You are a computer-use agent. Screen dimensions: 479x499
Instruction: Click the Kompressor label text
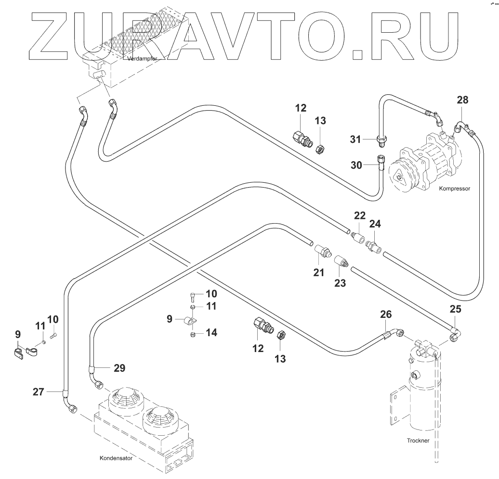(x=454, y=189)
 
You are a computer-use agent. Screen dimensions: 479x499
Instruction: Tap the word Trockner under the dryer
(x=417, y=440)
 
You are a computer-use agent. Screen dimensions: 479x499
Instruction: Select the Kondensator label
(x=116, y=458)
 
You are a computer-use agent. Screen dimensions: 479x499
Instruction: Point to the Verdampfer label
(x=143, y=59)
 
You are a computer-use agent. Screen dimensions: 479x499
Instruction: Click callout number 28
(x=462, y=100)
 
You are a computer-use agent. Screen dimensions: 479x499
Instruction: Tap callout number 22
(x=360, y=215)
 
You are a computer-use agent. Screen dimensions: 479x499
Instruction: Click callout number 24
(x=375, y=224)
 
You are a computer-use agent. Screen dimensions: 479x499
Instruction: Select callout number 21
(x=318, y=273)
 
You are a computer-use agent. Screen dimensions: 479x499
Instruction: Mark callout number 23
(x=340, y=283)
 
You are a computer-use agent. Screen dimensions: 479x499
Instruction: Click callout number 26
(x=386, y=315)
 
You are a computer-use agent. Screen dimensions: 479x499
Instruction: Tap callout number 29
(x=119, y=368)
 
